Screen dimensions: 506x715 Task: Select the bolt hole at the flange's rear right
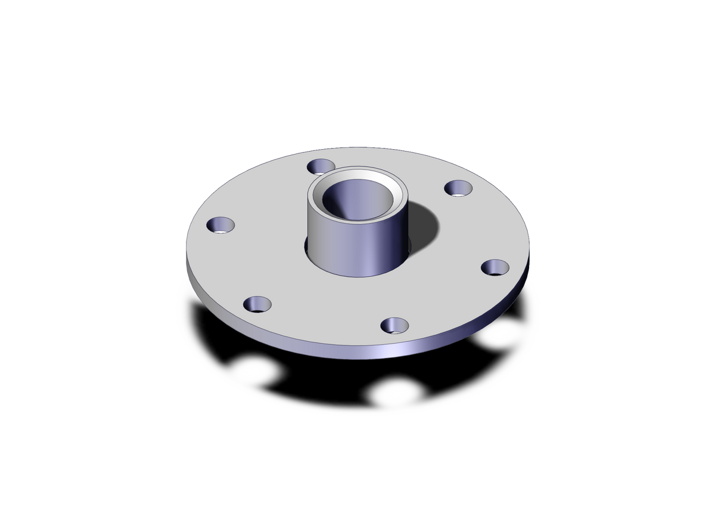[458, 188]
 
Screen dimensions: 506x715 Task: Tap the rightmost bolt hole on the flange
[495, 267]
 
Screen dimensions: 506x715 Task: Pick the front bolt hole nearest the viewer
[394, 325]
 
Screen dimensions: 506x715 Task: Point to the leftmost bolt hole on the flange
[220, 225]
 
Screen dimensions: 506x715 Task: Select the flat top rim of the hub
[357, 173]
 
